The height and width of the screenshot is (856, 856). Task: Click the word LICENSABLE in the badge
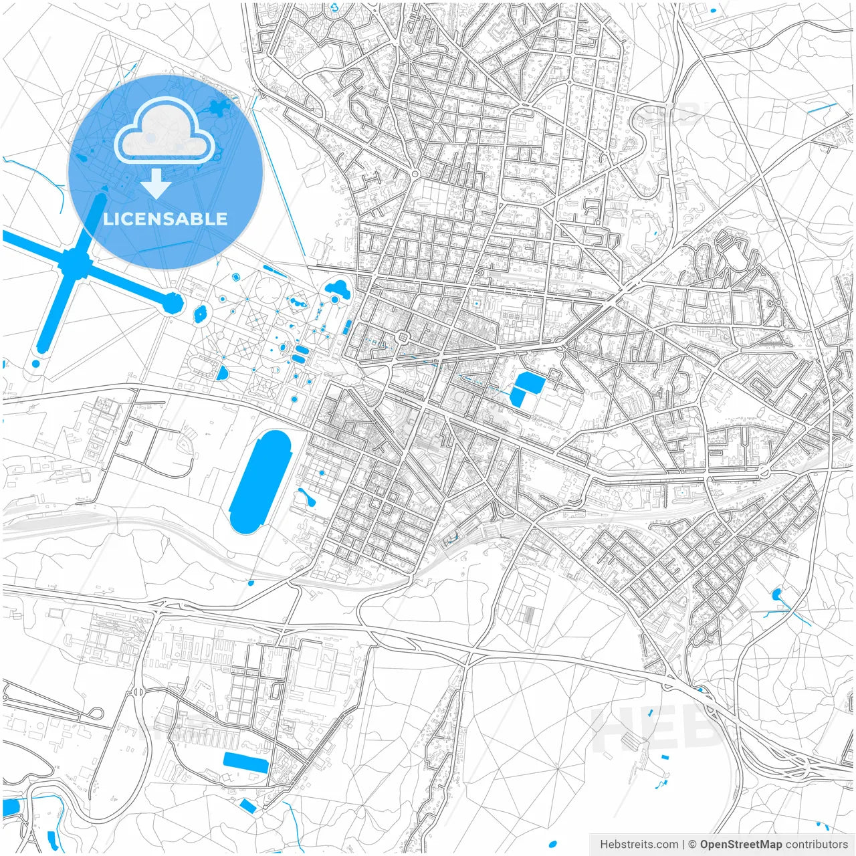[x=165, y=219]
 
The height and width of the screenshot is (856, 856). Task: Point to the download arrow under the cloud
[x=156, y=185]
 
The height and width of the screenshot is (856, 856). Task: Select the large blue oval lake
[x=260, y=481]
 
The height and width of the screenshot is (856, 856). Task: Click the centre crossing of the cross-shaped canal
[x=75, y=263]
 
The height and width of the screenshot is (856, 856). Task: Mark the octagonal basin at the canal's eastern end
[x=173, y=304]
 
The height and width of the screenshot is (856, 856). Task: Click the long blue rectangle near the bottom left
[x=245, y=762]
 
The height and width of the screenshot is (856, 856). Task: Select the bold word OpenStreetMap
[x=740, y=845]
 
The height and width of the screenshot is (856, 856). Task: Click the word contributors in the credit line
[x=816, y=845]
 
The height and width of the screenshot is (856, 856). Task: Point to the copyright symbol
[x=693, y=845]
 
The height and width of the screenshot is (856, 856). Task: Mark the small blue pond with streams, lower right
[x=776, y=594]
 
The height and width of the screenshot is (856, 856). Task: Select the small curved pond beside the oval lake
[x=308, y=497]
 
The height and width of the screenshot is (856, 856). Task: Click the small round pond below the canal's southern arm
[x=35, y=364]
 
